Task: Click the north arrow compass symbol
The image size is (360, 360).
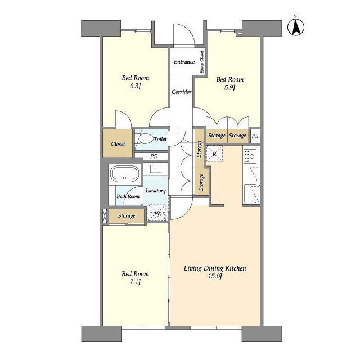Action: [296, 26]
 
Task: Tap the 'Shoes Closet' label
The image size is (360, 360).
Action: [202, 62]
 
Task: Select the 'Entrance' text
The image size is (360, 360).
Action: [184, 62]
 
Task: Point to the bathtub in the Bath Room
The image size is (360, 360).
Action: [124, 174]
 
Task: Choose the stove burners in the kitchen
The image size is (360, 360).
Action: [250, 156]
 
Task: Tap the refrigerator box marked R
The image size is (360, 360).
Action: [214, 154]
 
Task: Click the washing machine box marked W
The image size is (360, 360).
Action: [157, 213]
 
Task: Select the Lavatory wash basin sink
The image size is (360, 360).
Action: [156, 168]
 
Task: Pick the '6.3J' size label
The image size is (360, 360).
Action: [135, 86]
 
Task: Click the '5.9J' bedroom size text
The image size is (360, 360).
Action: [229, 88]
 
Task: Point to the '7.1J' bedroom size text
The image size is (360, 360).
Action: [135, 282]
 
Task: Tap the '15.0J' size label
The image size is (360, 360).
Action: [215, 276]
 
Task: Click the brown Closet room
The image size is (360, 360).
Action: [118, 143]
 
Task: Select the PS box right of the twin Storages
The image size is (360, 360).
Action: [255, 136]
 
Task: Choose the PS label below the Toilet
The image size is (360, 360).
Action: [154, 156]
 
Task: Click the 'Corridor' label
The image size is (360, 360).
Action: [181, 92]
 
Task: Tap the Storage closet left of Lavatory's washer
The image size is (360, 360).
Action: [127, 216]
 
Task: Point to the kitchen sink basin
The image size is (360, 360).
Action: [250, 193]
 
